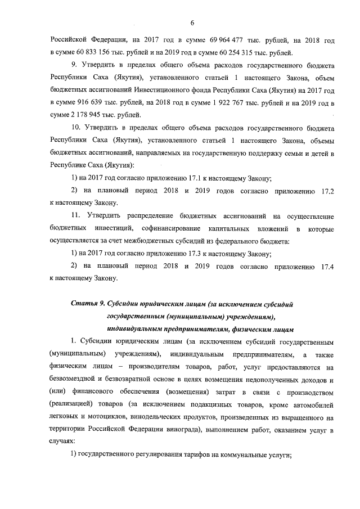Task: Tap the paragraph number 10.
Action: tap(75, 128)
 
